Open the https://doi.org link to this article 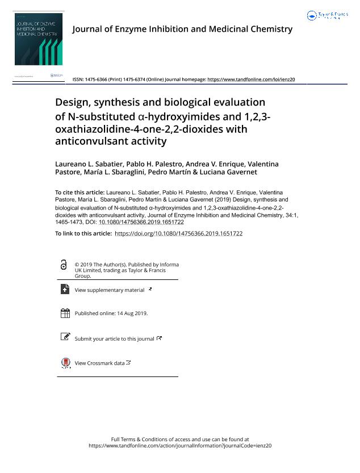(x=178, y=233)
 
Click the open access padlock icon (x=64, y=265)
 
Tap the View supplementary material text (x=110, y=290)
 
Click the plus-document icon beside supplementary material (x=65, y=290)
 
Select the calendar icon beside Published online (x=65, y=313)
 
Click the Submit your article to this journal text (x=114, y=339)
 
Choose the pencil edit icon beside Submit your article (x=65, y=337)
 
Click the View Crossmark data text (x=99, y=363)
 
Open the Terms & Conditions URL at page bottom (x=180, y=446)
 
